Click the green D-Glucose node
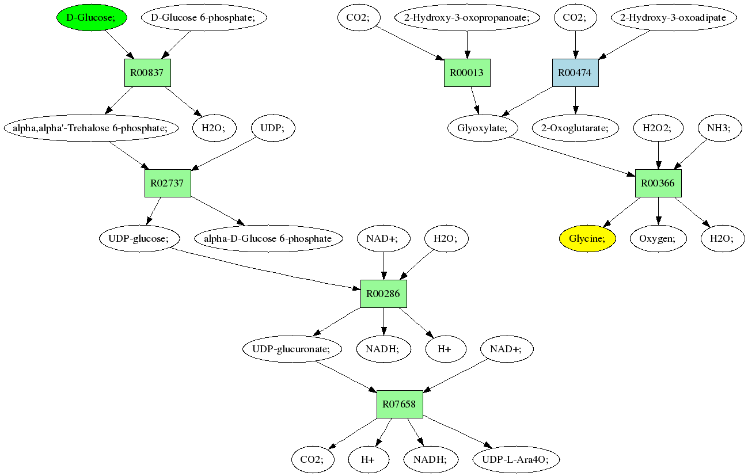point(92,17)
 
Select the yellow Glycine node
point(587,238)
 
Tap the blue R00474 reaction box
point(575,73)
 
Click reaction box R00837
point(147,73)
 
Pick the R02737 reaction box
point(168,183)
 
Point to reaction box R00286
point(384,294)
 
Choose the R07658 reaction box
point(400,404)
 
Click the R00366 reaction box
point(658,183)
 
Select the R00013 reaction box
point(467,73)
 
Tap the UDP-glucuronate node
point(292,349)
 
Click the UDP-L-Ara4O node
point(516,459)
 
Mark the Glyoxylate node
point(483,128)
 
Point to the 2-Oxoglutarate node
point(575,128)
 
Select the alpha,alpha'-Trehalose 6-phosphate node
point(91,128)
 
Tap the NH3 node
point(720,128)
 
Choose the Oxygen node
point(658,238)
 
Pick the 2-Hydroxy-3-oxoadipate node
point(674,17)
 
